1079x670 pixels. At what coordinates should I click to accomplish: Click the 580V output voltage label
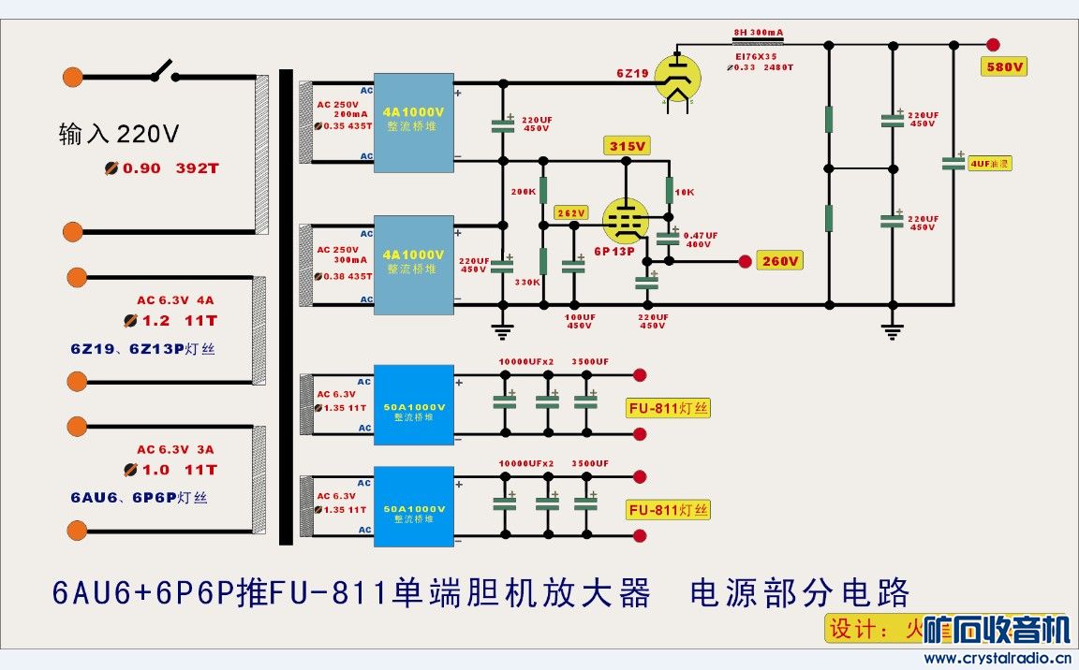[1002, 67]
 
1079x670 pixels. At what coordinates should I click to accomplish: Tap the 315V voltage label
[628, 147]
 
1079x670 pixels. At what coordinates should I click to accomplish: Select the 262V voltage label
[569, 212]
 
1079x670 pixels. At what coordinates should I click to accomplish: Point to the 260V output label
[781, 261]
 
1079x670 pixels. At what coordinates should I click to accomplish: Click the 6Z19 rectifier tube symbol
[677, 77]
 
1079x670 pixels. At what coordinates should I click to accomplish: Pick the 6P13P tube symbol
[621, 221]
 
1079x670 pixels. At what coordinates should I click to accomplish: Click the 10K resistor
[670, 191]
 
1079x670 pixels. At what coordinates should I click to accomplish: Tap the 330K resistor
[542, 261]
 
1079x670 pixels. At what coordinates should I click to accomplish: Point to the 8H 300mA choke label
[757, 32]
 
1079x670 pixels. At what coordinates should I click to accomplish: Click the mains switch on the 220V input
[161, 72]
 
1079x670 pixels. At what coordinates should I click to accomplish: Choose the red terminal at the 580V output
[993, 44]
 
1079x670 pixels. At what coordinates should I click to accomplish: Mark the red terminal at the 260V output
[746, 261]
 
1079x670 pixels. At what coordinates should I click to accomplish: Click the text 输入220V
[118, 135]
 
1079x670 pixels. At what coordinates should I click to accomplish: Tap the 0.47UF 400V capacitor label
[701, 240]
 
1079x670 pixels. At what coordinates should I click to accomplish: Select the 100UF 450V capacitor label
[579, 322]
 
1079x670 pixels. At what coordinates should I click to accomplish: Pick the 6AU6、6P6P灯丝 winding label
[139, 498]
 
